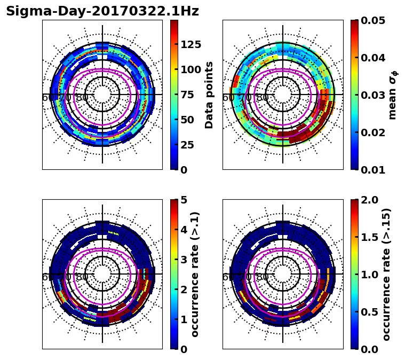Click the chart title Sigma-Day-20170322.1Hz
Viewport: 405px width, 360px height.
[102, 11]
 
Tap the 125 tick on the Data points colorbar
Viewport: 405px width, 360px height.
[191, 44]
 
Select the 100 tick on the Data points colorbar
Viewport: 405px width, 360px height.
[191, 69]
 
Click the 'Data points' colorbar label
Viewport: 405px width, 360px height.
[209, 95]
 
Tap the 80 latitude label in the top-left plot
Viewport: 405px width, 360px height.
[82, 98]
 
